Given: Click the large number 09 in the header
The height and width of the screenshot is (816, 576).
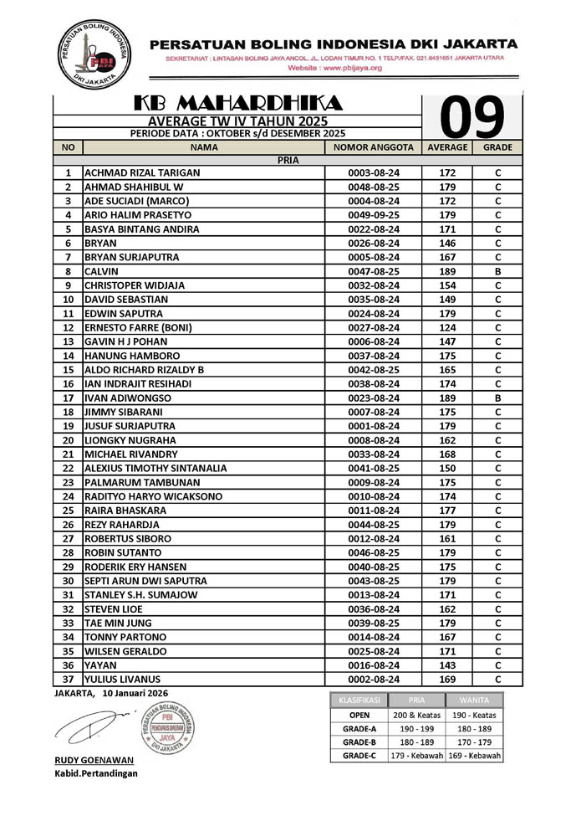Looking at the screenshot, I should pos(472,117).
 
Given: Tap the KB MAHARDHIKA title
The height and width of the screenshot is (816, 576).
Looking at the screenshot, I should pos(238,103).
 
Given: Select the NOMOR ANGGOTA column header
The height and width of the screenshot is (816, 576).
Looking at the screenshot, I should pos(374,146).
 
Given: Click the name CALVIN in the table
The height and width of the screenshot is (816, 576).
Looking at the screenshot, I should pos(102,271).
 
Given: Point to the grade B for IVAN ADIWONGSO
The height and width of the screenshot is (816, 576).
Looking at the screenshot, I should pos(497,398).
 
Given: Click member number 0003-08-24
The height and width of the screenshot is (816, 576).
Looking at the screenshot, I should pos(374,172).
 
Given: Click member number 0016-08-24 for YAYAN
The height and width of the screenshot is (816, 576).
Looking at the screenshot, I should pos(374,665).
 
